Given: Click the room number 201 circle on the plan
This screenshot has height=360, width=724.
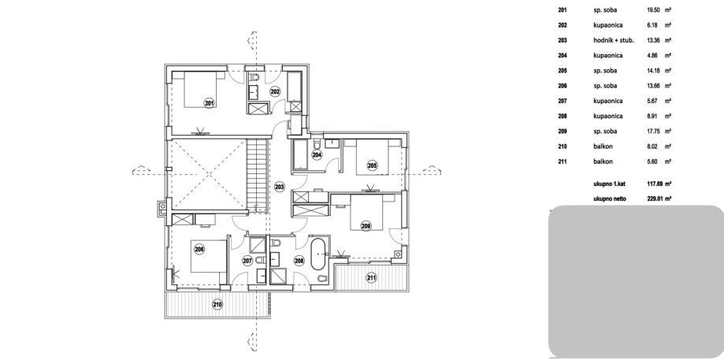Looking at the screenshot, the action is tap(210, 103).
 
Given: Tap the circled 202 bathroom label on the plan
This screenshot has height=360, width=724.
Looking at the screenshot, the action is tap(275, 92).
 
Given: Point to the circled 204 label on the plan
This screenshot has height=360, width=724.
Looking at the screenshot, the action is tap(317, 155).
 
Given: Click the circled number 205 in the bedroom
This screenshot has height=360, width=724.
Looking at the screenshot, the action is tap(372, 165).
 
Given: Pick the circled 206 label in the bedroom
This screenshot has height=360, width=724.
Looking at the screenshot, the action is tap(199, 249).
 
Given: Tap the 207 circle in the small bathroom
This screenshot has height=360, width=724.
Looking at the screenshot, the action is tap(247, 262).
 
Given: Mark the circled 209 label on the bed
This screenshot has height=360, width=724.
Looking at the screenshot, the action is tap(366, 226).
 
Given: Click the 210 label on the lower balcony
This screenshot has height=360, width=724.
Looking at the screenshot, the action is tap(217, 304).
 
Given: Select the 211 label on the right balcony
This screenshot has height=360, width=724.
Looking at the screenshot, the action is tap(372, 278).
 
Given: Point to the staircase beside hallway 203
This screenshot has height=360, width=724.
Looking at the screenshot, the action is tap(257, 176).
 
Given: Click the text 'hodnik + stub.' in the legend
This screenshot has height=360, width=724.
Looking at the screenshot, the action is tap(613, 40).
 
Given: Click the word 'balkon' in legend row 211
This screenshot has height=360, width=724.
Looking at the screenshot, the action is tap(603, 161).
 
